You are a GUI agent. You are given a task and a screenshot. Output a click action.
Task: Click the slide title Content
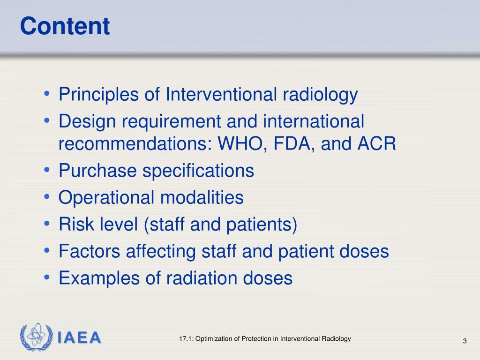pyautogui.click(x=65, y=26)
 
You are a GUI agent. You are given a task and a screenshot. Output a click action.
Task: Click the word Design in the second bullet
pyautogui.click(x=87, y=122)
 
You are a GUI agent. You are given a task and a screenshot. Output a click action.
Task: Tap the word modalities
pyautogui.click(x=202, y=198)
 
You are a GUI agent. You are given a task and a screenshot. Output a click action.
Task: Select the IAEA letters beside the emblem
pyautogui.click(x=79, y=338)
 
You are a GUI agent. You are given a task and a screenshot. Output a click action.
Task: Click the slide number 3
pyautogui.click(x=465, y=341)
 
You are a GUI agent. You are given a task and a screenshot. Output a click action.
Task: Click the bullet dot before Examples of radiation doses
pyautogui.click(x=47, y=278)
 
